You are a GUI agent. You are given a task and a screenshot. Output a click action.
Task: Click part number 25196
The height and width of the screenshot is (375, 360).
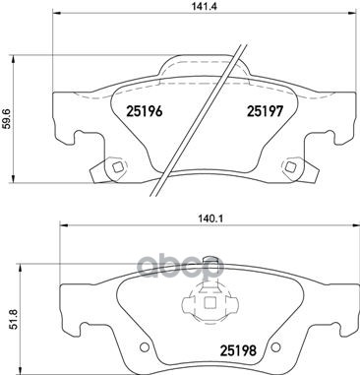(145, 111)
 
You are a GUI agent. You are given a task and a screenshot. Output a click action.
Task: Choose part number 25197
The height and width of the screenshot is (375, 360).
(265, 111)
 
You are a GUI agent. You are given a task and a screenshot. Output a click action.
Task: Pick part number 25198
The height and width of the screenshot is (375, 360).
(238, 351)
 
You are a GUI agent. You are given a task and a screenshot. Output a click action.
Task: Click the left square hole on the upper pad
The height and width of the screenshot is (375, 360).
(117, 167)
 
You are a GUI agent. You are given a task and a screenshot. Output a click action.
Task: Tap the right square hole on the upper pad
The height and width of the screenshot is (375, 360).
(290, 167)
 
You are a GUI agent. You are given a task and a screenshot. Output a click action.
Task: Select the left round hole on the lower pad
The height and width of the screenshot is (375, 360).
(144, 346)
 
